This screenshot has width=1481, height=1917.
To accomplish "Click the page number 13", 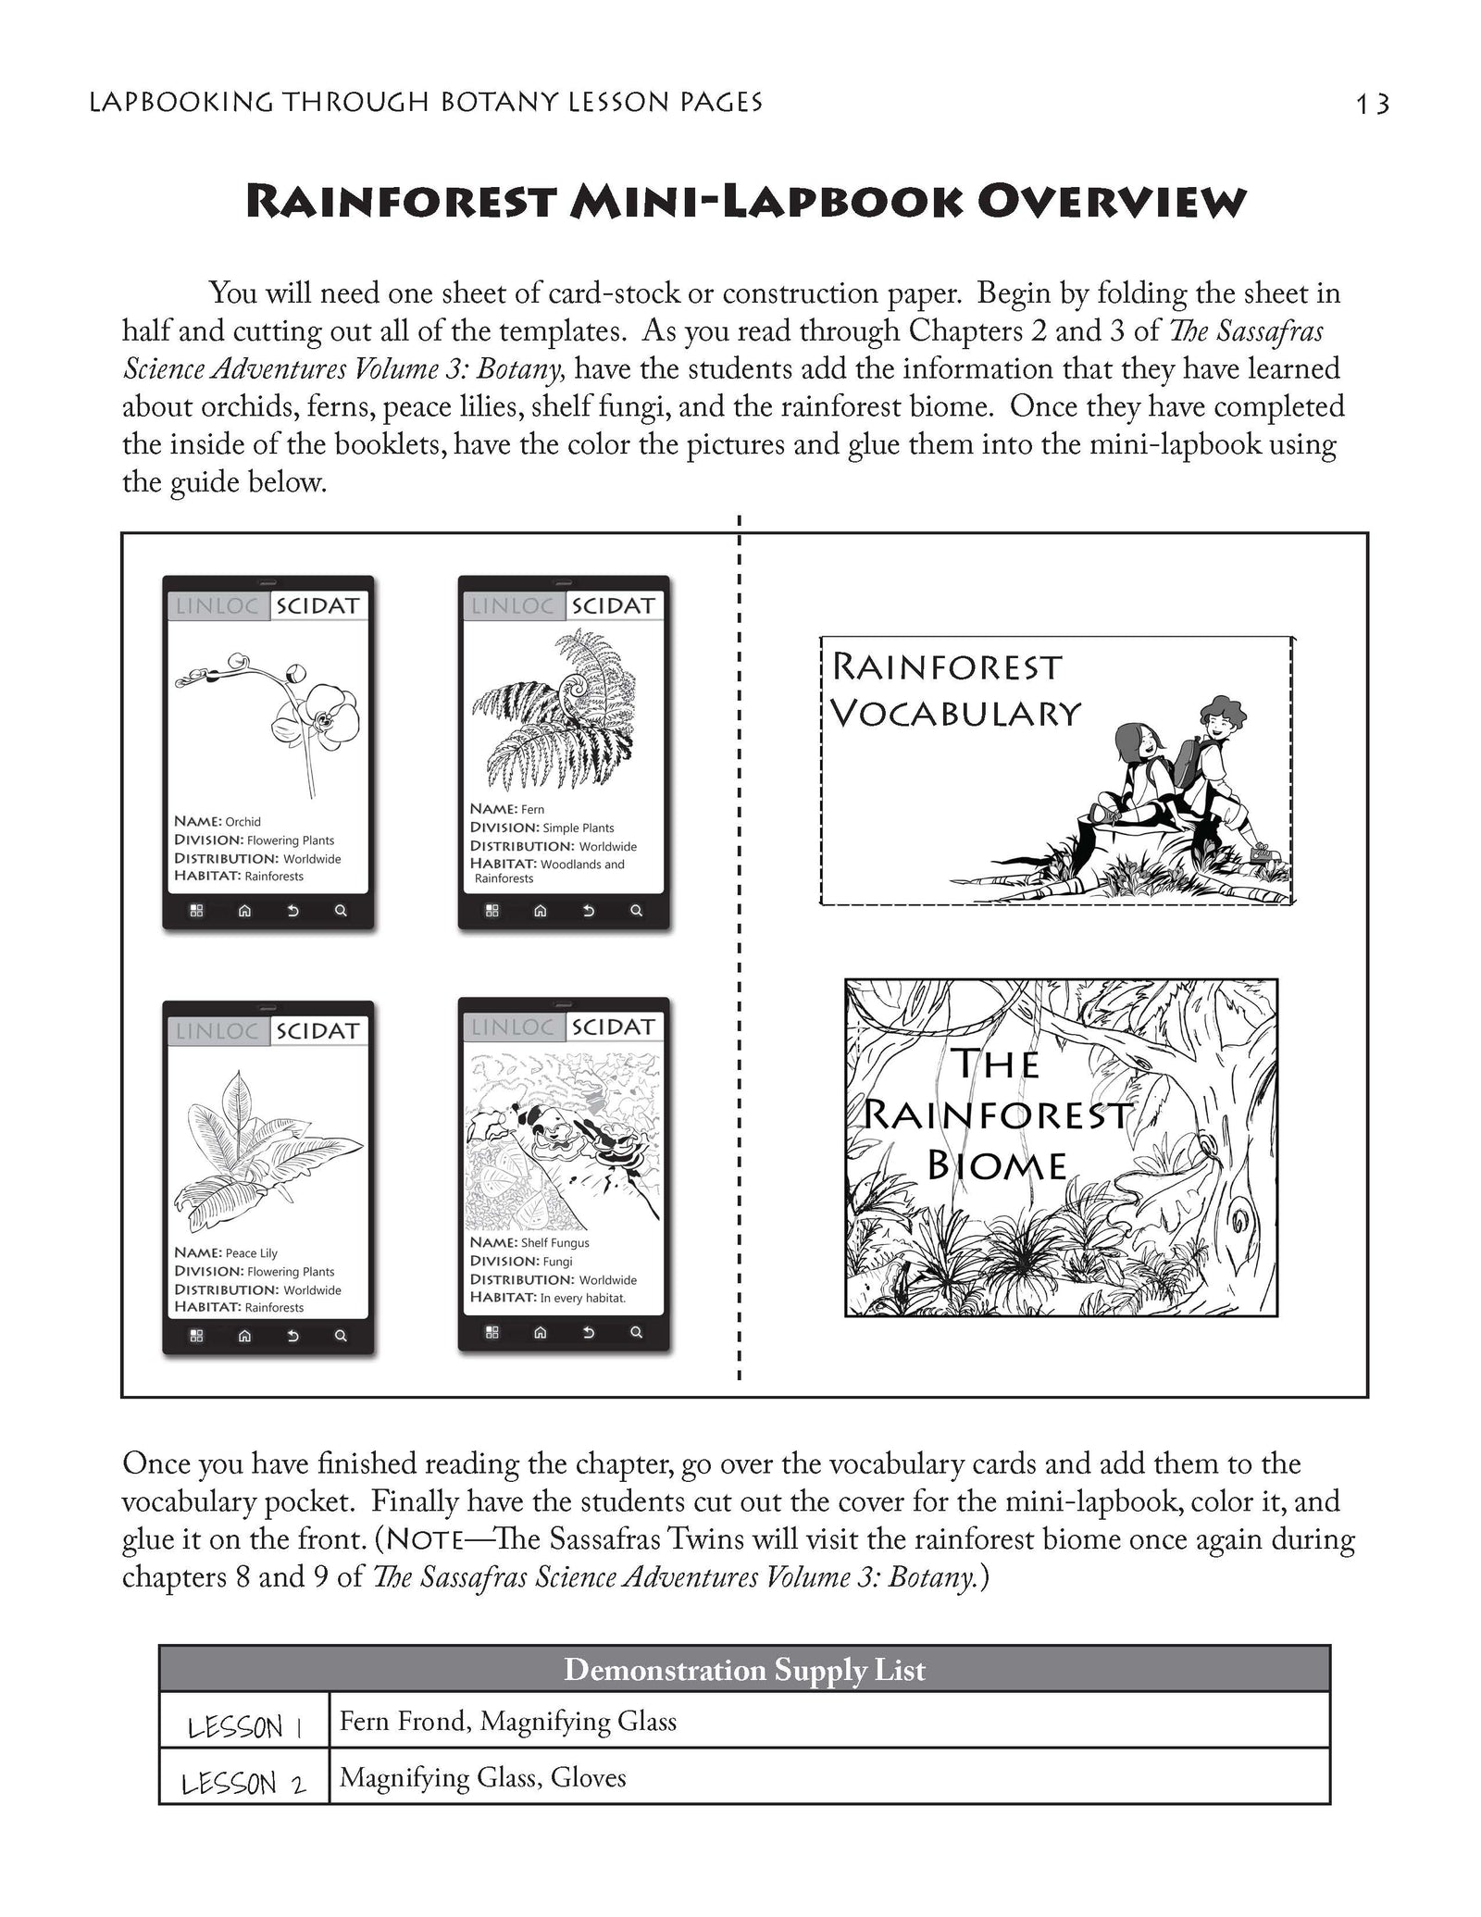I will [x=1372, y=104].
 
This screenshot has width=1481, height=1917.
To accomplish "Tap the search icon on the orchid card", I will [x=341, y=911].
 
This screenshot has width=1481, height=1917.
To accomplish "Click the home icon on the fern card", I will [x=541, y=911].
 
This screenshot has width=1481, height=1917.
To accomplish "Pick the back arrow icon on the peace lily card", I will [x=292, y=1336].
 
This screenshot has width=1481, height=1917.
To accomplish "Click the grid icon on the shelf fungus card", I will [x=492, y=1332].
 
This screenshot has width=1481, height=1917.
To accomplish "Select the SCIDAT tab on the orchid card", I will [x=317, y=606].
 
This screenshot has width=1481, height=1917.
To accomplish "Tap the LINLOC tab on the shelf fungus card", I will [x=512, y=1027].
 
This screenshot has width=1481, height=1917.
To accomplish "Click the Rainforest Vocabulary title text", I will [x=953, y=690].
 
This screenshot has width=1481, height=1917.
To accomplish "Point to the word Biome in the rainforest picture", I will [x=997, y=1164].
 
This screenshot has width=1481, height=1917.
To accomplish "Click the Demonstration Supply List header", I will [x=744, y=1670].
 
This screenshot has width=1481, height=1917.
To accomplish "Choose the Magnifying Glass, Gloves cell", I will [x=483, y=1777].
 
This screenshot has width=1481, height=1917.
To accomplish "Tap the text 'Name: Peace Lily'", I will [x=226, y=1252].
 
